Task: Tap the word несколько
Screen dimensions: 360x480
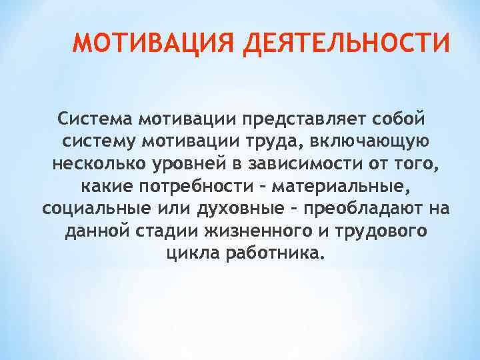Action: (x=89, y=164)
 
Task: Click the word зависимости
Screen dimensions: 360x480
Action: (x=298, y=164)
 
